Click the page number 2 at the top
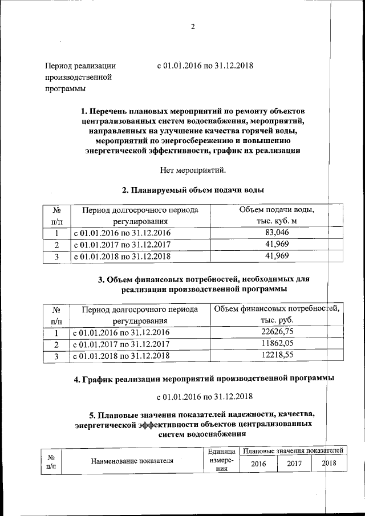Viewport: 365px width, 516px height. [x=193, y=27]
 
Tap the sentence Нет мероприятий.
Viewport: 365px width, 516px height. [x=194, y=169]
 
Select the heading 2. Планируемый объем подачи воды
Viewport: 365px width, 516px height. [x=193, y=190]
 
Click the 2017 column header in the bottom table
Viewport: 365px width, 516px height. [x=294, y=464]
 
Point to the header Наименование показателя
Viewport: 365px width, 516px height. [x=132, y=461]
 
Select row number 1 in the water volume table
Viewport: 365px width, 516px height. [x=56, y=233]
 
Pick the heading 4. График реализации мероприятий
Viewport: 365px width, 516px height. [x=204, y=379]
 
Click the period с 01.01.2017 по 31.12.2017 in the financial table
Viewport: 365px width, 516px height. [x=121, y=344]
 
